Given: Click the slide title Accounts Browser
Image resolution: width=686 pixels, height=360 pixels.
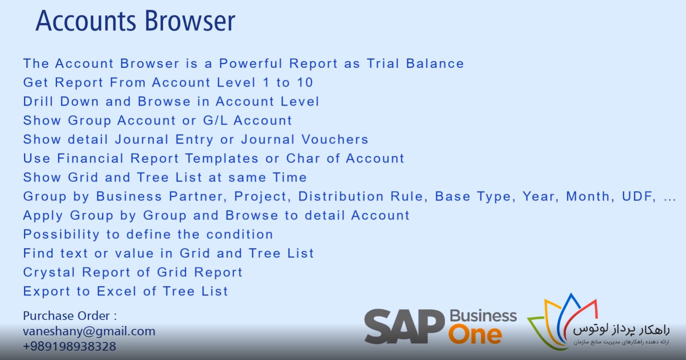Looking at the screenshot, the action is tap(135, 21).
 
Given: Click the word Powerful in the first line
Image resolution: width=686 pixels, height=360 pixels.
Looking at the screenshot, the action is tap(251, 63).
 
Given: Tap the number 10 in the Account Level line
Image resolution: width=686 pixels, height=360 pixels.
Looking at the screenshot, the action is tap(305, 82).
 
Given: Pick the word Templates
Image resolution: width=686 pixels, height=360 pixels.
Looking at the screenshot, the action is tap(222, 158).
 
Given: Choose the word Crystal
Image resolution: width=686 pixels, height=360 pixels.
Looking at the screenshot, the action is tap(49, 272).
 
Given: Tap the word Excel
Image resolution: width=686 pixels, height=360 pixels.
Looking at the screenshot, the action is tap(117, 291).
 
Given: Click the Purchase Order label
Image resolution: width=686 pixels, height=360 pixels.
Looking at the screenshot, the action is tap(70, 315).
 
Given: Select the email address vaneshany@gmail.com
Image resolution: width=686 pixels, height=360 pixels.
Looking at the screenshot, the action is tap(89, 331).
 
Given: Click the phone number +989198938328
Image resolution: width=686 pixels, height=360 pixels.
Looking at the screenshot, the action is tap(70, 346).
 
